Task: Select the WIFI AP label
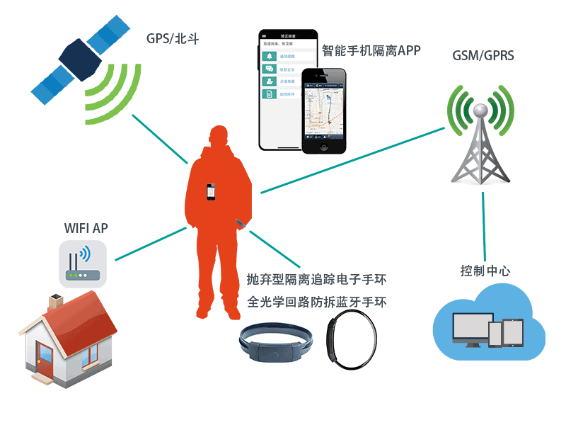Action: [x=86, y=228]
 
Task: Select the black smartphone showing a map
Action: [x=324, y=110]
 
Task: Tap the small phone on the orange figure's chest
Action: [x=210, y=192]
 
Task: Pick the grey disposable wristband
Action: [x=275, y=346]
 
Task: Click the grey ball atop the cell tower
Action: [x=480, y=110]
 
